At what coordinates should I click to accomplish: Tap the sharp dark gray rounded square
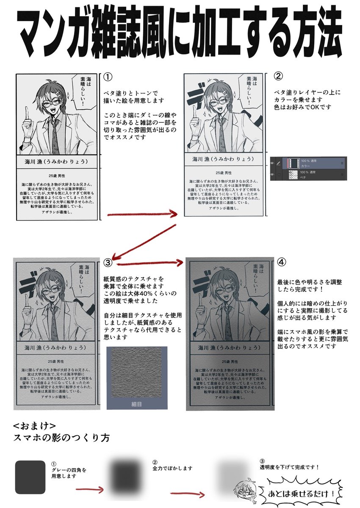(30, 477)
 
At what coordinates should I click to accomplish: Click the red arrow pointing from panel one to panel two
(142, 215)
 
